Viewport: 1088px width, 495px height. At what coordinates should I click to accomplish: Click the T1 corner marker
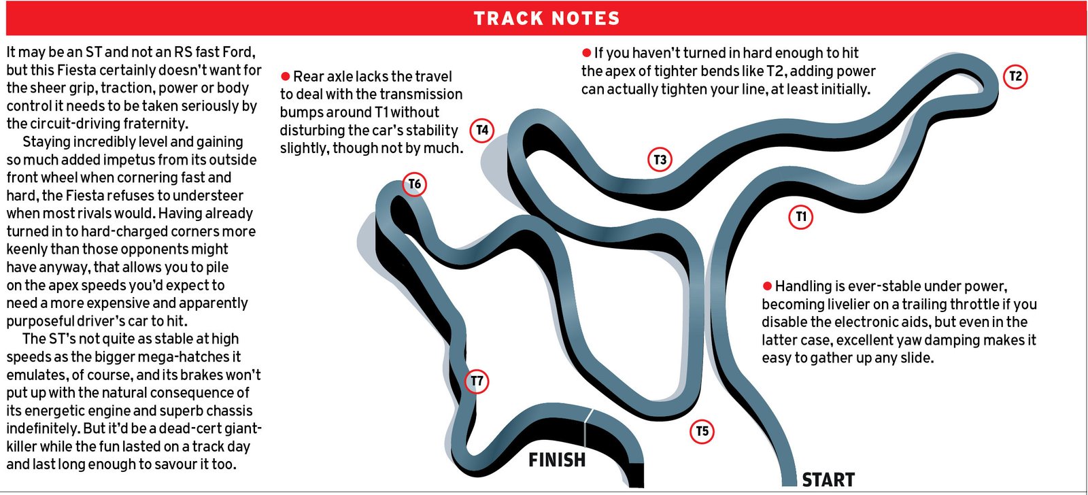pos(801,217)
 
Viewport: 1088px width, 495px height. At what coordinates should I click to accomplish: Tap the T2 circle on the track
pos(1015,76)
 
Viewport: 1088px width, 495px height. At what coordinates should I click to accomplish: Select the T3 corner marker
pos(660,160)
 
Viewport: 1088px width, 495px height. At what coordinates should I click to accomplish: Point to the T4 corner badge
pos(482,130)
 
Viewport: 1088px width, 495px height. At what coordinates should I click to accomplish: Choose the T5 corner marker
pos(702,431)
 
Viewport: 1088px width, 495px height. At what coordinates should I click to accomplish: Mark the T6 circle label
pos(414,184)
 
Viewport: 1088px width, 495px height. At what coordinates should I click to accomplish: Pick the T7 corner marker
pos(477,381)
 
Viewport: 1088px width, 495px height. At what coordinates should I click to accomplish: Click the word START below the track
pos(828,480)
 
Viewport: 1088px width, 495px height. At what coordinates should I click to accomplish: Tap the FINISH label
pos(557,460)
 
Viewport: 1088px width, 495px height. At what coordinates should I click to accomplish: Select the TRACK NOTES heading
pos(547,18)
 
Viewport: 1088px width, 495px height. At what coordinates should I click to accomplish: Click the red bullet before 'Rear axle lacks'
pos(286,76)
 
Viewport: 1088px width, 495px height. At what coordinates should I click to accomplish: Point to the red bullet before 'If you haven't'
pos(586,53)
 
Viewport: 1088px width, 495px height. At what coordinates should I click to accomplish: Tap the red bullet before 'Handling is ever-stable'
pos(767,286)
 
